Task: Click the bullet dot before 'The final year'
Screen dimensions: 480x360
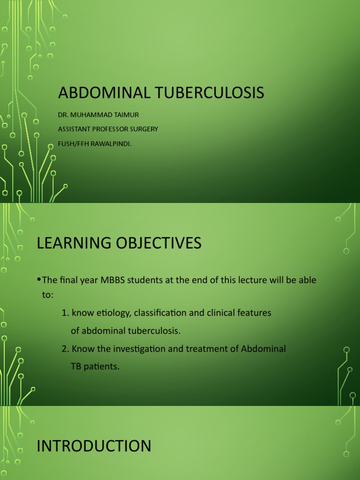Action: (x=39, y=280)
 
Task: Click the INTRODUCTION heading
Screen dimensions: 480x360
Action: (x=94, y=446)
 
